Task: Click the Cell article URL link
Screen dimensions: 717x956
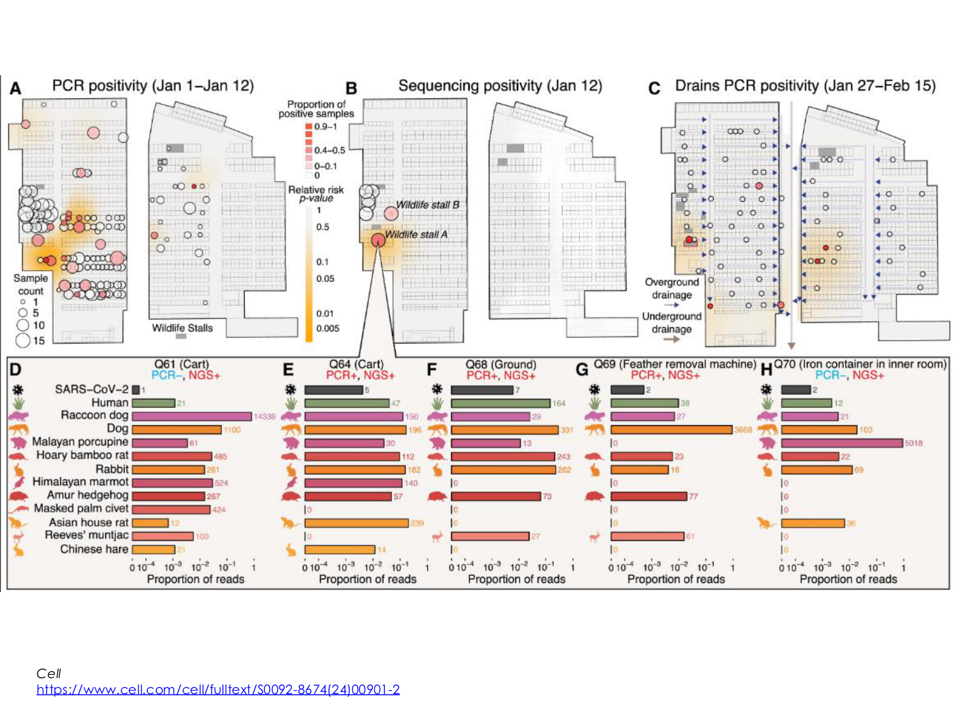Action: coord(218,690)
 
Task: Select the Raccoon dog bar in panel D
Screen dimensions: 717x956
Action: coord(191,416)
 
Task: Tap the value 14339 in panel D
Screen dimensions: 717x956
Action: coord(264,417)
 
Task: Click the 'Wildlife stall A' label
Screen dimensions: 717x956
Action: coord(416,235)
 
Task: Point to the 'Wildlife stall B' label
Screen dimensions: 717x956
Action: coord(428,205)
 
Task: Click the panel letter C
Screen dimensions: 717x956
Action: coord(654,88)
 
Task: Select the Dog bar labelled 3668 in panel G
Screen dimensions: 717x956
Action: coord(671,430)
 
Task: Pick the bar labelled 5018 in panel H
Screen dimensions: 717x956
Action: coord(842,443)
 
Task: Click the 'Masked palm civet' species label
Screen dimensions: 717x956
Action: coord(81,509)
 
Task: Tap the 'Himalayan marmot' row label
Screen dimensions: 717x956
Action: coord(80,482)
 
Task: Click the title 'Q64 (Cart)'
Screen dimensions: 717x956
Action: coord(356,365)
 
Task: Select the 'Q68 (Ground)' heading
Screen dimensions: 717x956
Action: coord(500,365)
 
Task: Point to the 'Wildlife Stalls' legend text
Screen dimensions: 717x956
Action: coord(182,328)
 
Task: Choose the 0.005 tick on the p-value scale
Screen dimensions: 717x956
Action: coord(328,328)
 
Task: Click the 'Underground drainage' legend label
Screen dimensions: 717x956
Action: coord(672,322)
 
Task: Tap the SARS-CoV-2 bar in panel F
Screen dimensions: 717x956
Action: coord(482,390)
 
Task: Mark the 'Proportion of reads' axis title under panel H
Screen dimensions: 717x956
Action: coord(848,579)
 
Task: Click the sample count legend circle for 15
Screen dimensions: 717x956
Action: coord(23,340)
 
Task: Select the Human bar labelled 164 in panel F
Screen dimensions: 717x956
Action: coord(500,403)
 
